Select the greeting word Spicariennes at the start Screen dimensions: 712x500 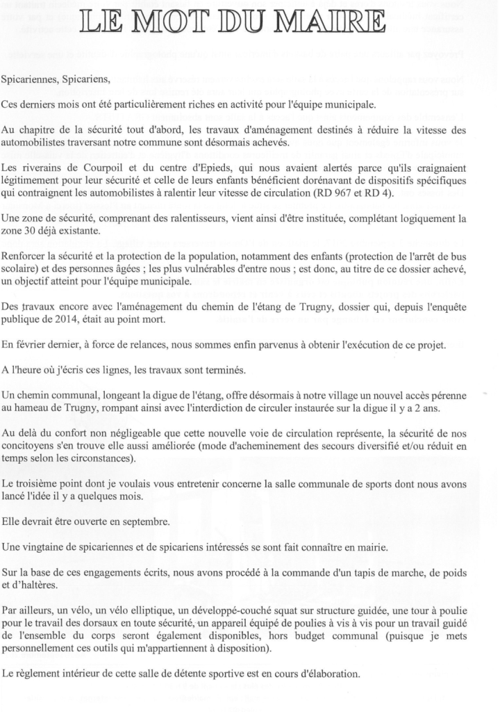pyautogui.click(x=31, y=79)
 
